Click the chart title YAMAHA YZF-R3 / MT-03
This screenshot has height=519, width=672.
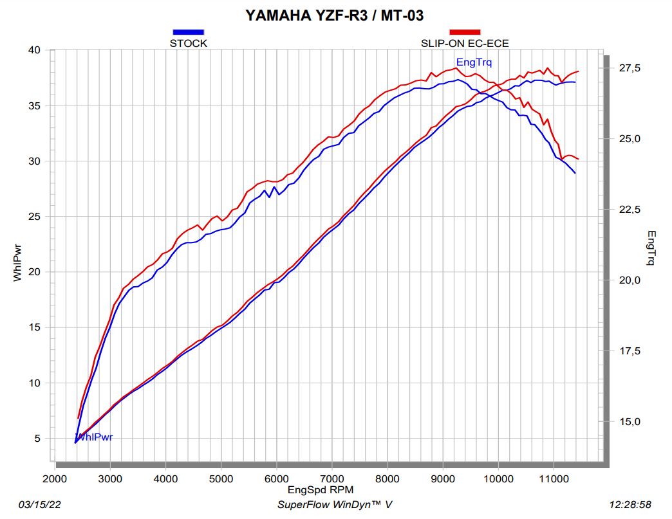pyautogui.click(x=335, y=15)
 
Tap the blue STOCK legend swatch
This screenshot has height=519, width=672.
pyautogui.click(x=188, y=32)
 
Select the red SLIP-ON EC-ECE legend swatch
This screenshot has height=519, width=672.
pyautogui.click(x=465, y=32)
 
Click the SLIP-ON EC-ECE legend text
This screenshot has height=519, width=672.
pyautogui.click(x=465, y=44)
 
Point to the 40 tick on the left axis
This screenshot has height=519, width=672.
pyautogui.click(x=35, y=50)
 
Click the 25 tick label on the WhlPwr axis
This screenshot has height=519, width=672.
pyautogui.click(x=35, y=217)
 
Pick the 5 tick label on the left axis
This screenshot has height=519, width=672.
pyautogui.click(x=37, y=439)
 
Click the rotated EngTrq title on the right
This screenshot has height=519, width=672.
pyautogui.click(x=651, y=248)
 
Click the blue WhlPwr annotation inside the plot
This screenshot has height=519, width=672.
pyautogui.click(x=95, y=437)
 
